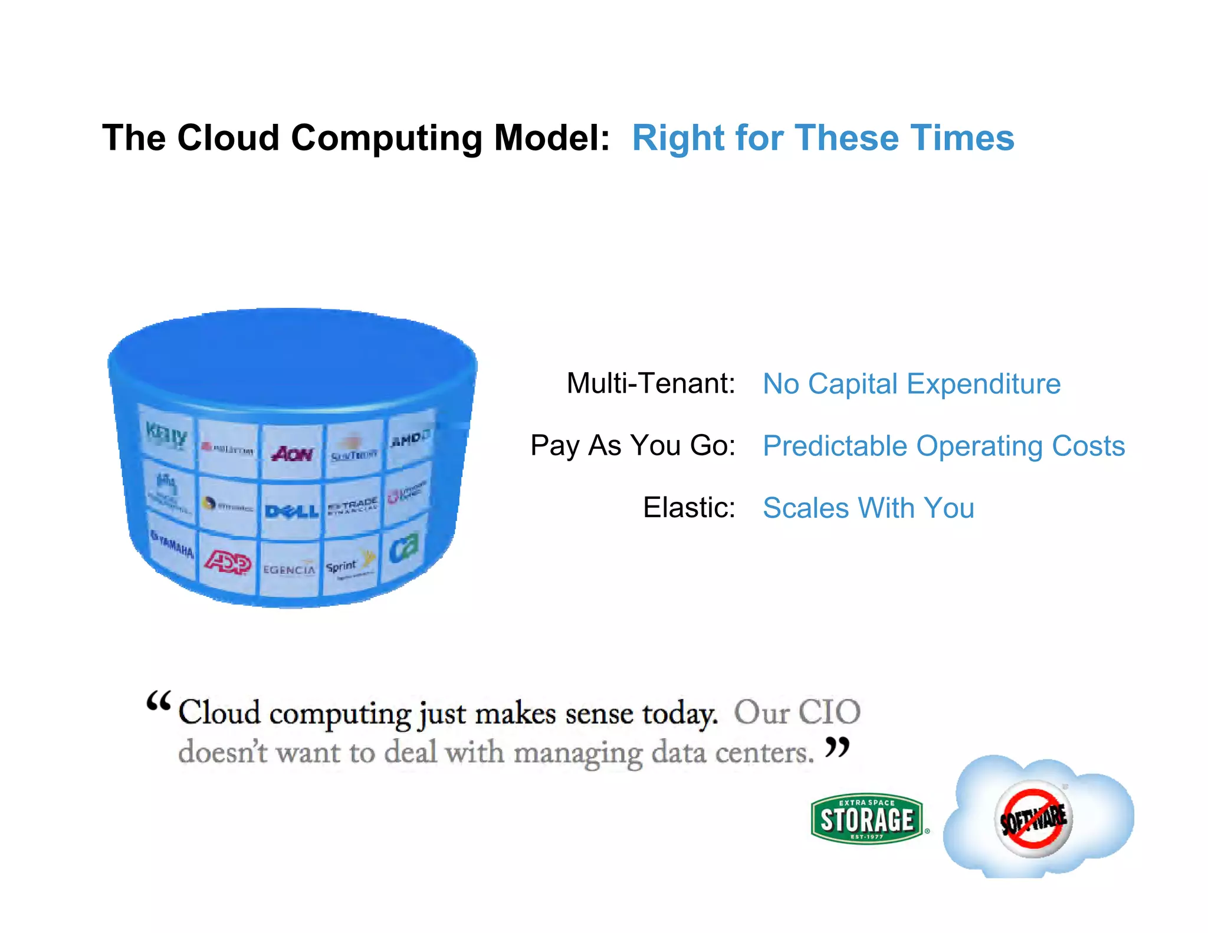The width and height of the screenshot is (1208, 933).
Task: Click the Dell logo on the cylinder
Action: tap(291, 511)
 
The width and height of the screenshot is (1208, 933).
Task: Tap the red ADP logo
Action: tap(228, 563)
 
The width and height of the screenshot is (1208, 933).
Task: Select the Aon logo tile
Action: tap(292, 454)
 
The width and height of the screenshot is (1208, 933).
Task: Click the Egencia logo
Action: tap(289, 570)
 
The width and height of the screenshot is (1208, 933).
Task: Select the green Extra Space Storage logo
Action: tap(867, 819)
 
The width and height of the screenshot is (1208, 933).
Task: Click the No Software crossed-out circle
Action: tap(1033, 819)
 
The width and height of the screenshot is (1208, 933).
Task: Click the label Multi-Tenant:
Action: tap(651, 383)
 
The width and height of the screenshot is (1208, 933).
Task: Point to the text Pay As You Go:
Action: tap(633, 445)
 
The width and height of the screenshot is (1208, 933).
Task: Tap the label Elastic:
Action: tap(689, 508)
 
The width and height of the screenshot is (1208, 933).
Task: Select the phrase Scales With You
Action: tap(868, 508)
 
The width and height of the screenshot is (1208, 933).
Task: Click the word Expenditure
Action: tap(983, 384)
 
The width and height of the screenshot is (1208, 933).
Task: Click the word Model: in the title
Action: tap(552, 138)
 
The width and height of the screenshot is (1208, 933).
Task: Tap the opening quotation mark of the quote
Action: tap(158, 702)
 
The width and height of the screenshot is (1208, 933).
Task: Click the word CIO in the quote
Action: tap(829, 712)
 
